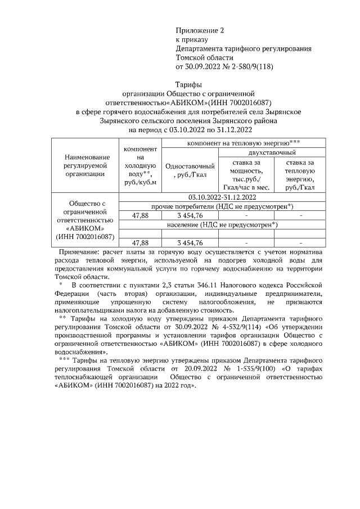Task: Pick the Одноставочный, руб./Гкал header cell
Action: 189,170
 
